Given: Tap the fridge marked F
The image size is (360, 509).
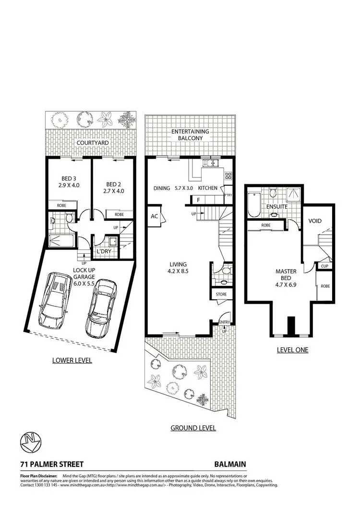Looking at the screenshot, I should (x=198, y=200).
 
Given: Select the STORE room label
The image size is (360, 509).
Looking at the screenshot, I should (x=221, y=294).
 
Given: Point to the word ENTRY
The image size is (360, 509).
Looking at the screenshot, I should (x=224, y=322).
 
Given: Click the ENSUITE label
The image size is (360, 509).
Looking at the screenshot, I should (x=278, y=207).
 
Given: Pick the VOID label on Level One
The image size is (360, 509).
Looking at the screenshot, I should (x=315, y=221).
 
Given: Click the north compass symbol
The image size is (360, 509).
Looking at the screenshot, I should (x=29, y=442).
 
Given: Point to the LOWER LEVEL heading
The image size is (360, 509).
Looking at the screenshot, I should (x=72, y=360).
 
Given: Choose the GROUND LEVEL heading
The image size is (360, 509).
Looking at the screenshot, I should (x=193, y=428).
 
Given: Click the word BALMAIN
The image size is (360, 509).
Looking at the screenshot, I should (x=230, y=464).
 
